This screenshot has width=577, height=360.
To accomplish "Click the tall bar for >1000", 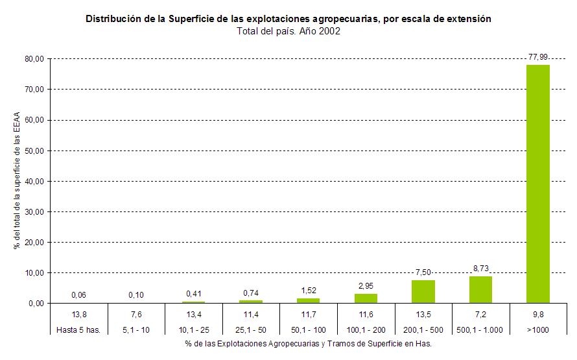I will point(537,184).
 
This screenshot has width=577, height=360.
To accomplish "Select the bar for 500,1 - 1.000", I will point(480,290).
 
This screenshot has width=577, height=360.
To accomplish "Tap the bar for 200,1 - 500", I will point(423,292).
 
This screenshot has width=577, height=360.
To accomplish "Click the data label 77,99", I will point(537,58).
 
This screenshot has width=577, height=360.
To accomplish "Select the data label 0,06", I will point(78,295).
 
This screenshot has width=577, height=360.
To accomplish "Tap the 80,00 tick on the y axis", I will point(34,58).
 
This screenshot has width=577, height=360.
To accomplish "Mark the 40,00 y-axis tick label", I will point(34,181).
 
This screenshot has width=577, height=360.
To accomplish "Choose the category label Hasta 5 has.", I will point(78,330).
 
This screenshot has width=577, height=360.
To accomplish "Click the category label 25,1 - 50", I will point(251,330).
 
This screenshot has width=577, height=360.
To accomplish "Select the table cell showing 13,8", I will point(78,315).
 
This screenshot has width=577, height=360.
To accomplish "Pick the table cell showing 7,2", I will point(480,315).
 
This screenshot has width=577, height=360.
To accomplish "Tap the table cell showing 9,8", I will point(537,315).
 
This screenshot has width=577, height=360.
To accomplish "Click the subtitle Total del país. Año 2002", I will point(288,31).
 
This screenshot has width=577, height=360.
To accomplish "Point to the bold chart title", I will point(288,19).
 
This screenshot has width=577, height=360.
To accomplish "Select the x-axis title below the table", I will point(307,344).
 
